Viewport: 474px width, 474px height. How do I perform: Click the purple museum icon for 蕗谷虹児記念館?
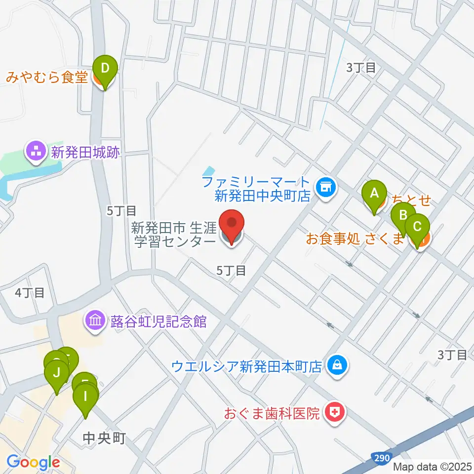click(95, 322)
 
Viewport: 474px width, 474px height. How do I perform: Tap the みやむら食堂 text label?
click(47, 78)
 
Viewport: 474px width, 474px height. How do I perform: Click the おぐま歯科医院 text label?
click(272, 413)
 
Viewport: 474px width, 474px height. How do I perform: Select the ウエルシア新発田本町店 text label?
click(246, 367)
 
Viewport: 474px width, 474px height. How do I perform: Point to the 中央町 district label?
click(105, 437)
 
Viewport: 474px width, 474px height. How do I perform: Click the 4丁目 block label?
click(30, 292)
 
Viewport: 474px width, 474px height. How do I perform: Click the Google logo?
click(33, 462)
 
